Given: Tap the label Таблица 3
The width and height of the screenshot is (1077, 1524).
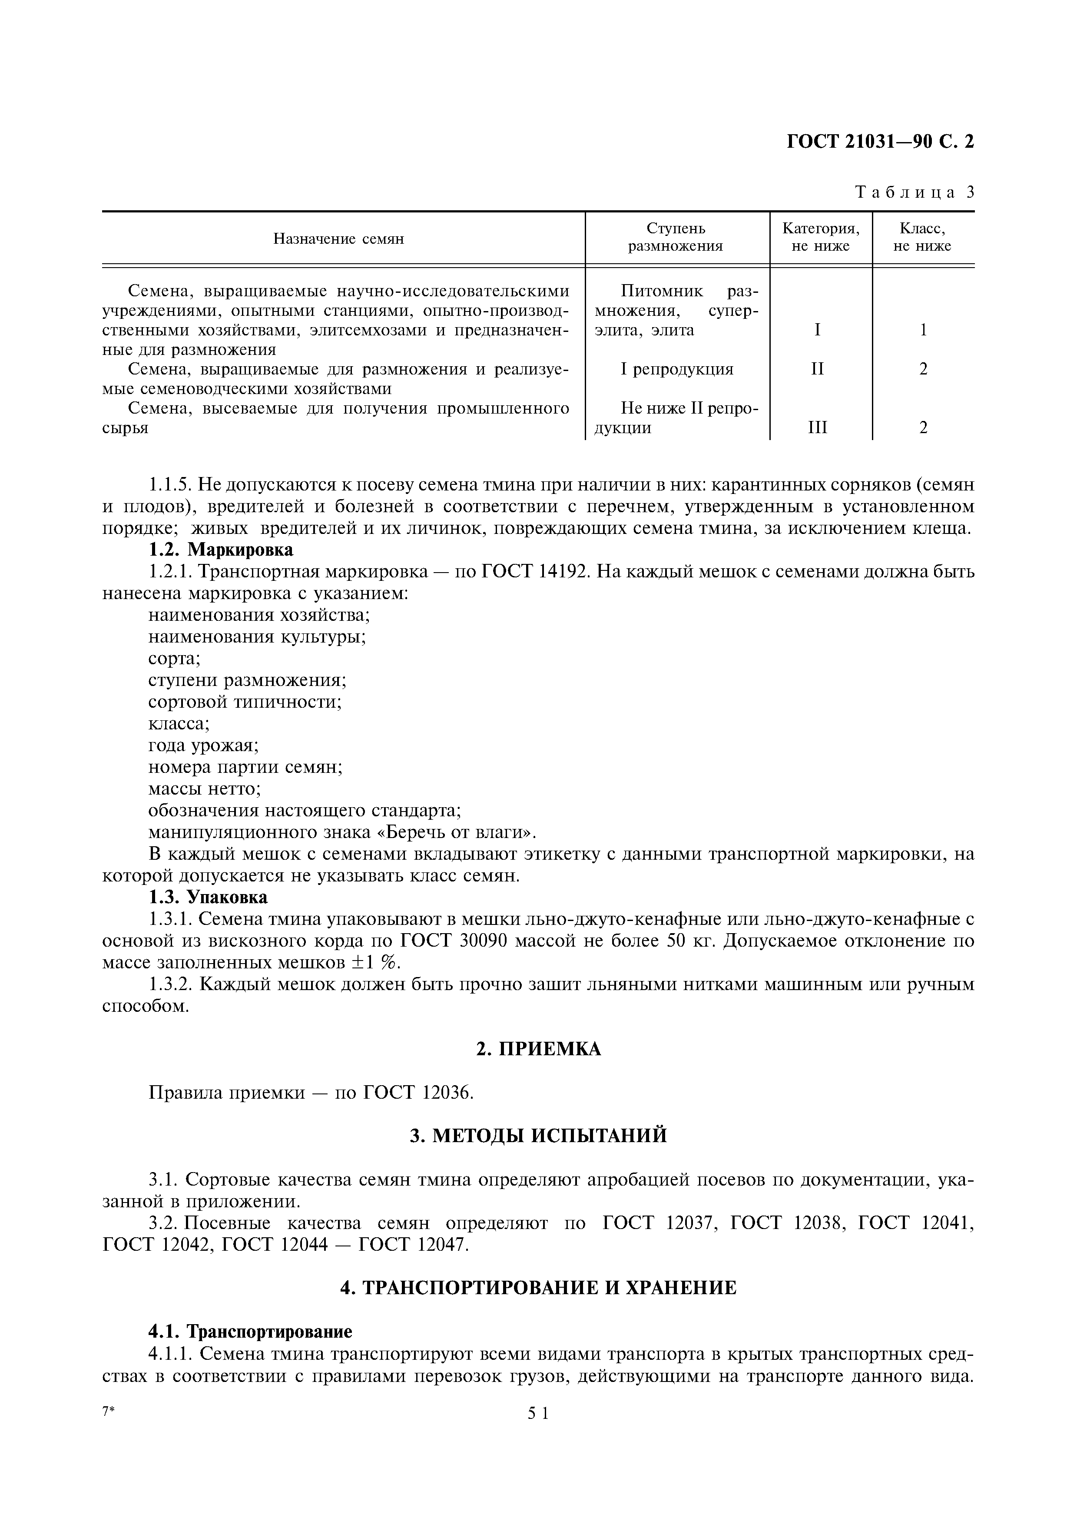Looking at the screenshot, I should [x=915, y=192].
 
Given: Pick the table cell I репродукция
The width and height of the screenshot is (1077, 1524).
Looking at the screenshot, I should [x=677, y=369].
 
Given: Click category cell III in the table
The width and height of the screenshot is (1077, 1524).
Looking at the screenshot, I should [x=818, y=428].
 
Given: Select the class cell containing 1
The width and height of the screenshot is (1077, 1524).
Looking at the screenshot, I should [x=923, y=330].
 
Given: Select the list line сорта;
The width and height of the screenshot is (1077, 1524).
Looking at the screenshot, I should [x=174, y=659].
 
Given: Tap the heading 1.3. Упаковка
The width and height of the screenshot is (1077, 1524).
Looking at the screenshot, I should [x=208, y=898].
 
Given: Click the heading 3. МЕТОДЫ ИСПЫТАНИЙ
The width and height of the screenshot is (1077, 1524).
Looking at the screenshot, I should [x=538, y=1136].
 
